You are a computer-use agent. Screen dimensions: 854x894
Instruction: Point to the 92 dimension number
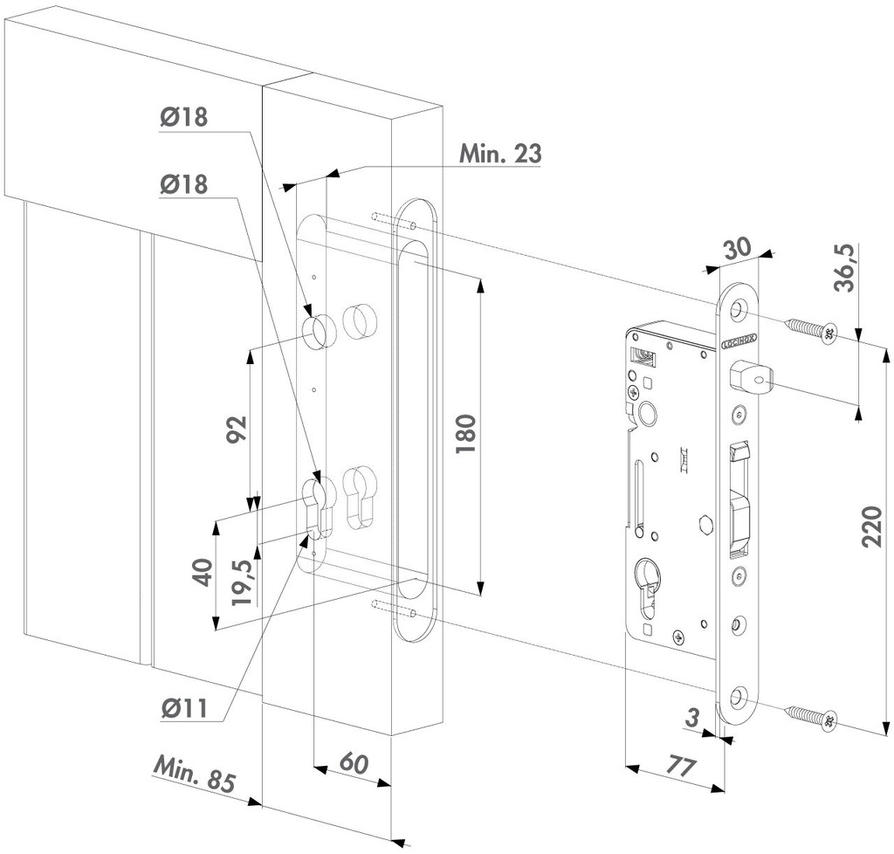(237, 430)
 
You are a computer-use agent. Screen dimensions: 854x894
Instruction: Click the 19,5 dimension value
(244, 582)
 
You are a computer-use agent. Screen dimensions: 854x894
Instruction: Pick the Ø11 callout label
(183, 708)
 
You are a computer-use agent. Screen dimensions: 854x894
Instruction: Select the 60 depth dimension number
(352, 762)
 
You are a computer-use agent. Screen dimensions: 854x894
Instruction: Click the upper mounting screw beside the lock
(811, 330)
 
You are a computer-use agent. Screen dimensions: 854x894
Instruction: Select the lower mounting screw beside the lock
(811, 718)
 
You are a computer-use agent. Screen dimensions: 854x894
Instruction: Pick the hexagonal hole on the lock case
(705, 526)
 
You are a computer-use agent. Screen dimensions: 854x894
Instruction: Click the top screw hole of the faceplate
(739, 309)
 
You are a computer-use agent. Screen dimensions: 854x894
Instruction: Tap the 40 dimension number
(203, 574)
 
